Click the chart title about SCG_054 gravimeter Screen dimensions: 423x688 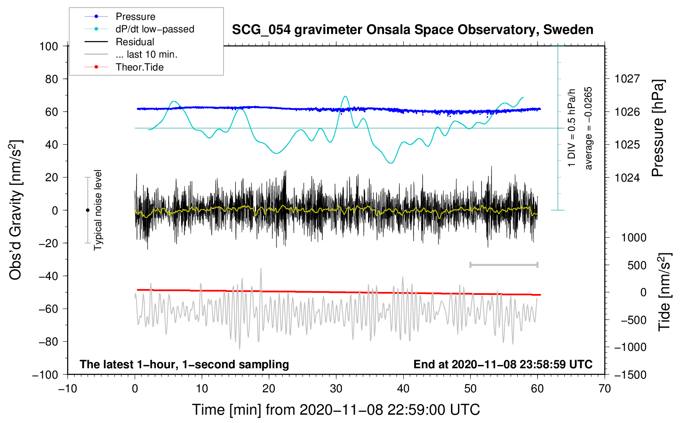(412, 30)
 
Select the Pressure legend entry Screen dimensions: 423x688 (135, 17)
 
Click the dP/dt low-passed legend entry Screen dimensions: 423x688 (155, 29)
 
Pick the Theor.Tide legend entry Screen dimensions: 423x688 (139, 67)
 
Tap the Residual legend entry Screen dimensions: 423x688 (135, 42)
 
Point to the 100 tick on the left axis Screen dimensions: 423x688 (48, 46)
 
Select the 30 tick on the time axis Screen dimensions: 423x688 (336, 389)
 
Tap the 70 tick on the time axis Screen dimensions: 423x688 (605, 389)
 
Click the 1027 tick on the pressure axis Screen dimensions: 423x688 (627, 79)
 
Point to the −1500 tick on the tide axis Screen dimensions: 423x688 (630, 375)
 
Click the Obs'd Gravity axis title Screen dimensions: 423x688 (16, 210)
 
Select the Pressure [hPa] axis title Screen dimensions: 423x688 (658, 128)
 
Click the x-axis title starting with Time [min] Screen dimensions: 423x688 (336, 410)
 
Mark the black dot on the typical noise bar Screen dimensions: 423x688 (87, 210)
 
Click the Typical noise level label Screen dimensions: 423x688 (98, 210)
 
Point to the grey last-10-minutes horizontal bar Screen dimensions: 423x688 (504, 265)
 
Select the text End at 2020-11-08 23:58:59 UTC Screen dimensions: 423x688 (503, 365)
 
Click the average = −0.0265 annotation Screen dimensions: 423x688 (589, 128)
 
